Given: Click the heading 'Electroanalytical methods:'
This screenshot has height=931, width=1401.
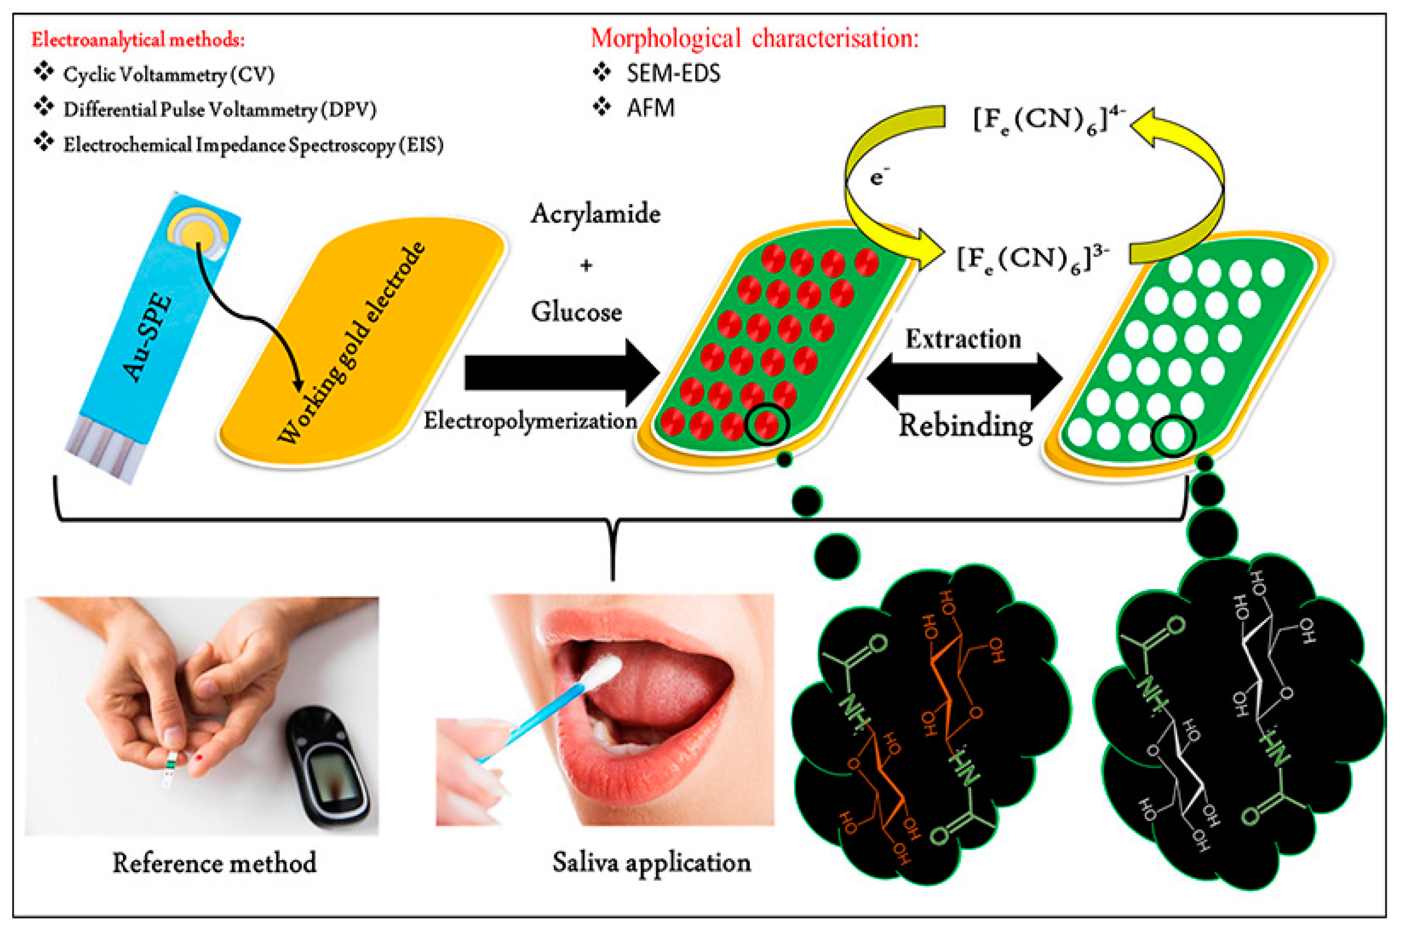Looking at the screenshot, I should point(138,40).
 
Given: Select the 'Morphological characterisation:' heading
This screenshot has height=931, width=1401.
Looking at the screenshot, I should point(754,39).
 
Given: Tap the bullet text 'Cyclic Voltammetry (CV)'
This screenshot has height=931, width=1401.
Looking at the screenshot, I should point(169,75).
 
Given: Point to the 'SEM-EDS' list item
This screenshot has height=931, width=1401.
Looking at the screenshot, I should point(673,74).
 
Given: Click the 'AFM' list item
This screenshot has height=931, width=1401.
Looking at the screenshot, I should point(650,108).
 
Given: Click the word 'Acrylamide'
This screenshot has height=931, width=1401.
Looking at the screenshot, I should point(595,214).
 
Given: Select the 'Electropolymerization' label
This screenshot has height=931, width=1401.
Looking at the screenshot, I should point(530,421).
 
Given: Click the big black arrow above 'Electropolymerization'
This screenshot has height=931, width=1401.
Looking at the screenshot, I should point(561,373).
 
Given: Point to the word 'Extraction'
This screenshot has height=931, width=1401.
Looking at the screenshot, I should point(962,339).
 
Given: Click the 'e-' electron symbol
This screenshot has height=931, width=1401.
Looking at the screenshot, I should point(879,176).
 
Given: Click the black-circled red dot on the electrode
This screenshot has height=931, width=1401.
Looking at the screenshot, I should point(767,424).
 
